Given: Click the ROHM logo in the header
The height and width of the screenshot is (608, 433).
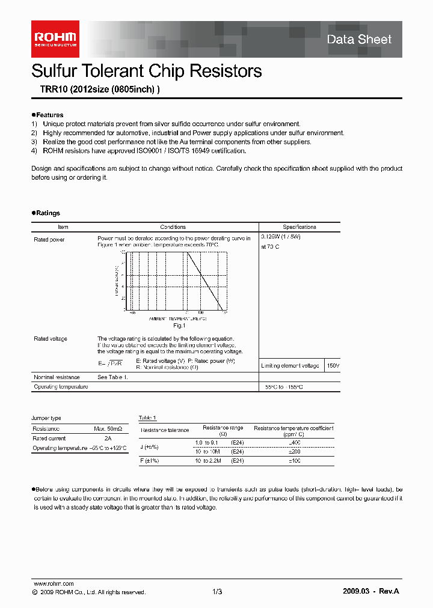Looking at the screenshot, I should pos(55,39).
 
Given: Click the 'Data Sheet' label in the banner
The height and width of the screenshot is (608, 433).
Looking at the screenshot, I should pos(359,40).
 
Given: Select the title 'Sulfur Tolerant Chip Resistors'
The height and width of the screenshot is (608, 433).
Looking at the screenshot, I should pos(146,71).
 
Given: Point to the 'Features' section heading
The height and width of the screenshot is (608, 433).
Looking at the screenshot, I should pos(49,115).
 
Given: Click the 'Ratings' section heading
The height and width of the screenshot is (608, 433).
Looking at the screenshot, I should pos(48,213).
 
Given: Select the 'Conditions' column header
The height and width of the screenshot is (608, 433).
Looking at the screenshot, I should pos(173,227).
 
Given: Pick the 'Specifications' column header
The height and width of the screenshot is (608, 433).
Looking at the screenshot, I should pos(299,227).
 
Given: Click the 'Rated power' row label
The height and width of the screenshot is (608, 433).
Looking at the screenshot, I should pos(49,239).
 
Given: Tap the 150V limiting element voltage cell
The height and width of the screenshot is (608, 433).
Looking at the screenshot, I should pos(333,366).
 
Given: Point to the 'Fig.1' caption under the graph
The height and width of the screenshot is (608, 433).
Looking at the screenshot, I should pos(178,325).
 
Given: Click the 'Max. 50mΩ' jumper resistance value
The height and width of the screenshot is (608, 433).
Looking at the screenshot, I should pos(108,429).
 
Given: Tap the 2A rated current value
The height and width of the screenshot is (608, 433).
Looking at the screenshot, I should pos(108,439).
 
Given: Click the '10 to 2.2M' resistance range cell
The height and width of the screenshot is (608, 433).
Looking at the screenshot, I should pos(208,460).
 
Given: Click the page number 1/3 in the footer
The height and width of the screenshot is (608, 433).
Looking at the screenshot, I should pos(217,592).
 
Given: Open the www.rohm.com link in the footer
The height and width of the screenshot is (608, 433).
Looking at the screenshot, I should pos(54,583).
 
